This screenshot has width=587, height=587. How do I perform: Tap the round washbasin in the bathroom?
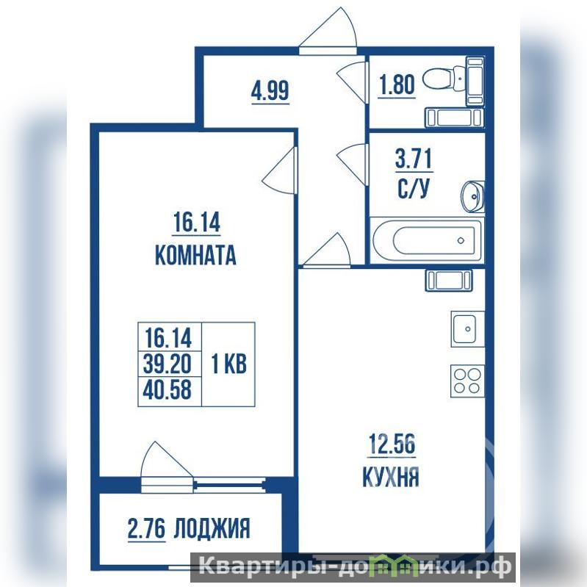473,197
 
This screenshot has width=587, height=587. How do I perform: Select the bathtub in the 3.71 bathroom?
427,240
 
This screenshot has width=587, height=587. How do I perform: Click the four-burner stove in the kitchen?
467,381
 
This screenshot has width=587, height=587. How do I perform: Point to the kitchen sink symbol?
467,328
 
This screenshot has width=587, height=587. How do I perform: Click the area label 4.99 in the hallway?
270,91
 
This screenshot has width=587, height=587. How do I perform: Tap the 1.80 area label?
397,84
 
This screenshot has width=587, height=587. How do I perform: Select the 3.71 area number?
414,159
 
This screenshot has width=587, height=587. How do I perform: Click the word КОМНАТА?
195,256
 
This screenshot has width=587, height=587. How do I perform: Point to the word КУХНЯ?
391,477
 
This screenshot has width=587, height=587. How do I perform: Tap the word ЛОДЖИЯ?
212,528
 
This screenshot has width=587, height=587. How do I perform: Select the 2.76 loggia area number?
146,529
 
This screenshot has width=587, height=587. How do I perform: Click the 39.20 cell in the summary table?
167,364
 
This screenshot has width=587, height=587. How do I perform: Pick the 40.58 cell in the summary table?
167,389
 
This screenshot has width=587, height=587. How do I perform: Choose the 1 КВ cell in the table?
228,364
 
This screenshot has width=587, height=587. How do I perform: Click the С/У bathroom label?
413,188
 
